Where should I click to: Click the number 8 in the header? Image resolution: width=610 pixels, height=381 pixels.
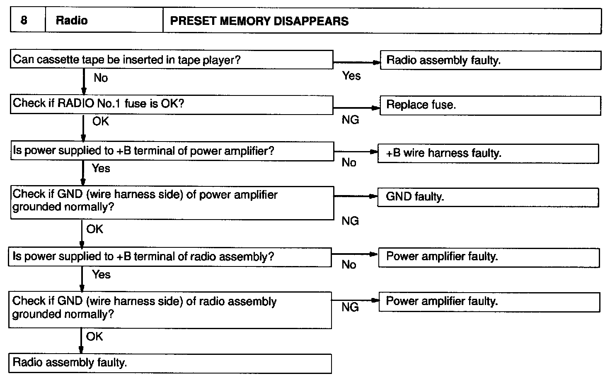click(x=24, y=20)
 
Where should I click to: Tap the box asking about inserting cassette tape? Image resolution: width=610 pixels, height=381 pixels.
click(x=172, y=60)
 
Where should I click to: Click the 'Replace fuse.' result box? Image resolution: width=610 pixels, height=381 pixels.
click(x=490, y=105)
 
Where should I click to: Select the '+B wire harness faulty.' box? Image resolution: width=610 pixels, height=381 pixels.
click(x=488, y=154)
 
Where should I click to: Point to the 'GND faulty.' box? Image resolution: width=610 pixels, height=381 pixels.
click(x=488, y=197)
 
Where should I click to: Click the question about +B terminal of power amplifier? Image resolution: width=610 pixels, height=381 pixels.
click(x=172, y=151)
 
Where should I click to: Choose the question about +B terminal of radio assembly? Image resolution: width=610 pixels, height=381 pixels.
click(x=169, y=257)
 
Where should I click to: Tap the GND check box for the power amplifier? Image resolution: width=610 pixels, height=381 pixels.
click(x=172, y=202)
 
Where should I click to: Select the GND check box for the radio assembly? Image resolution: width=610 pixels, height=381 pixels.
click(x=169, y=309)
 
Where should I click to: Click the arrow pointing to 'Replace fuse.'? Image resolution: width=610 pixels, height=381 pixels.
click(x=356, y=108)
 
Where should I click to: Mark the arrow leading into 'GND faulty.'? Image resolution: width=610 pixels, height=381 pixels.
click(x=356, y=196)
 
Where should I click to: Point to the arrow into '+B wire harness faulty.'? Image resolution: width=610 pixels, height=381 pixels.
click(x=356, y=152)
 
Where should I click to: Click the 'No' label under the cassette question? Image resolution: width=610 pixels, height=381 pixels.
click(x=101, y=78)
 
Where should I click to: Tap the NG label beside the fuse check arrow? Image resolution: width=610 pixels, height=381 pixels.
click(x=350, y=120)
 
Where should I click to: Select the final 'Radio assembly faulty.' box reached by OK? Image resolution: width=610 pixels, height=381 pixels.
click(x=169, y=363)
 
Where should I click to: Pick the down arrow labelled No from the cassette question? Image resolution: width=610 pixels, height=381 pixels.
click(x=84, y=82)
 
